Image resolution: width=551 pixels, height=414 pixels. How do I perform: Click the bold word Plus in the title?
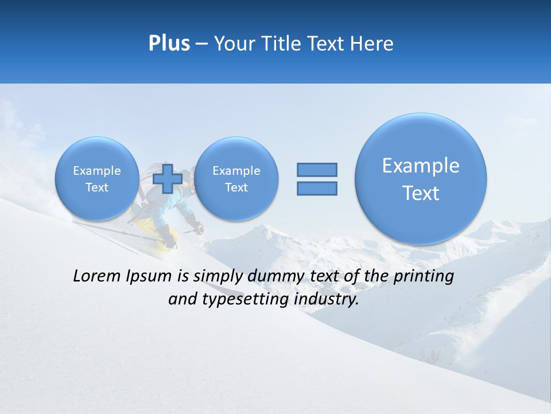pos(169,44)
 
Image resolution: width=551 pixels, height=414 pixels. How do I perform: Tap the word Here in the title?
pos(371,44)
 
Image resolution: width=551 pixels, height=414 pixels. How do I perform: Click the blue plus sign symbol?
pos(168,179)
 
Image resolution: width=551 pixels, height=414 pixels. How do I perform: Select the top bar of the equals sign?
pos(317,170)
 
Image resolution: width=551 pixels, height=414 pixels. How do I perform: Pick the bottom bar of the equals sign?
pos(317,188)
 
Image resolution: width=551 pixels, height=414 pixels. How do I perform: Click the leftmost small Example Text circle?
pos(97,179)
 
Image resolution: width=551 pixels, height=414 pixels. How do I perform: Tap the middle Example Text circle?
pos(236,179)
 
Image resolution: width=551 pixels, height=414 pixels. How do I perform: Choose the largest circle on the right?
pos(421,179)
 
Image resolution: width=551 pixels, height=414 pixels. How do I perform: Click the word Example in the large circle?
pos(421,166)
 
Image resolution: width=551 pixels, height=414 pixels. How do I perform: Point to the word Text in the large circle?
pos(421,193)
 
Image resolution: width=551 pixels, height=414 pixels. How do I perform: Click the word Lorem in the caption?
pos(98,276)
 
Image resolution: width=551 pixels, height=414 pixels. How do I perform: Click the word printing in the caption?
pos(423,277)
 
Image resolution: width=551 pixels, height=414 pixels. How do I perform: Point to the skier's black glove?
pos(197,228)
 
